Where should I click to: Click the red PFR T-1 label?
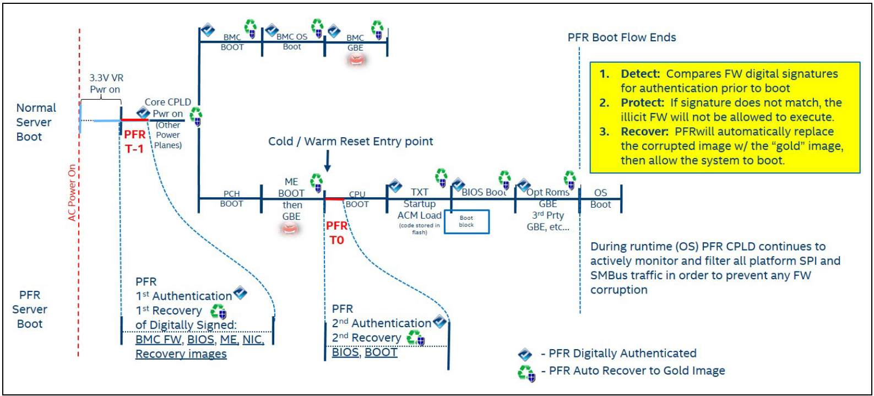tap(134, 142)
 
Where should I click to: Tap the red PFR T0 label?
tap(336, 232)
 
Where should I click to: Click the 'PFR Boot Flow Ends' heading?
tap(621, 37)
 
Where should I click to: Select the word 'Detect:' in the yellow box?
tap(640, 74)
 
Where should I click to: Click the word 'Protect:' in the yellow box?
tap(642, 102)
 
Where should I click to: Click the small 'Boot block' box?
tap(466, 221)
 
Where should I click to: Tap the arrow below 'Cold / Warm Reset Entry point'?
tap(327, 161)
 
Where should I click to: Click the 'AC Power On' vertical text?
tap(72, 193)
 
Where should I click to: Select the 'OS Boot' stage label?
tap(600, 198)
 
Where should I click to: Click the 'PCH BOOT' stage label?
tap(231, 198)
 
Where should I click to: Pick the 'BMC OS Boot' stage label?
tap(292, 41)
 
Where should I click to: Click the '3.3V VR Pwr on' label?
tap(106, 84)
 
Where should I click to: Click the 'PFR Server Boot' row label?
tap(30, 310)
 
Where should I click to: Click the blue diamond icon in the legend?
tap(525, 354)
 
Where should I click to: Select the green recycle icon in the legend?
tap(526, 373)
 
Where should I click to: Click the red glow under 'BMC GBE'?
tap(356, 60)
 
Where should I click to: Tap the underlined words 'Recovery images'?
tap(181, 354)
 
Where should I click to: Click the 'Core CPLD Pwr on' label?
tap(167, 107)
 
